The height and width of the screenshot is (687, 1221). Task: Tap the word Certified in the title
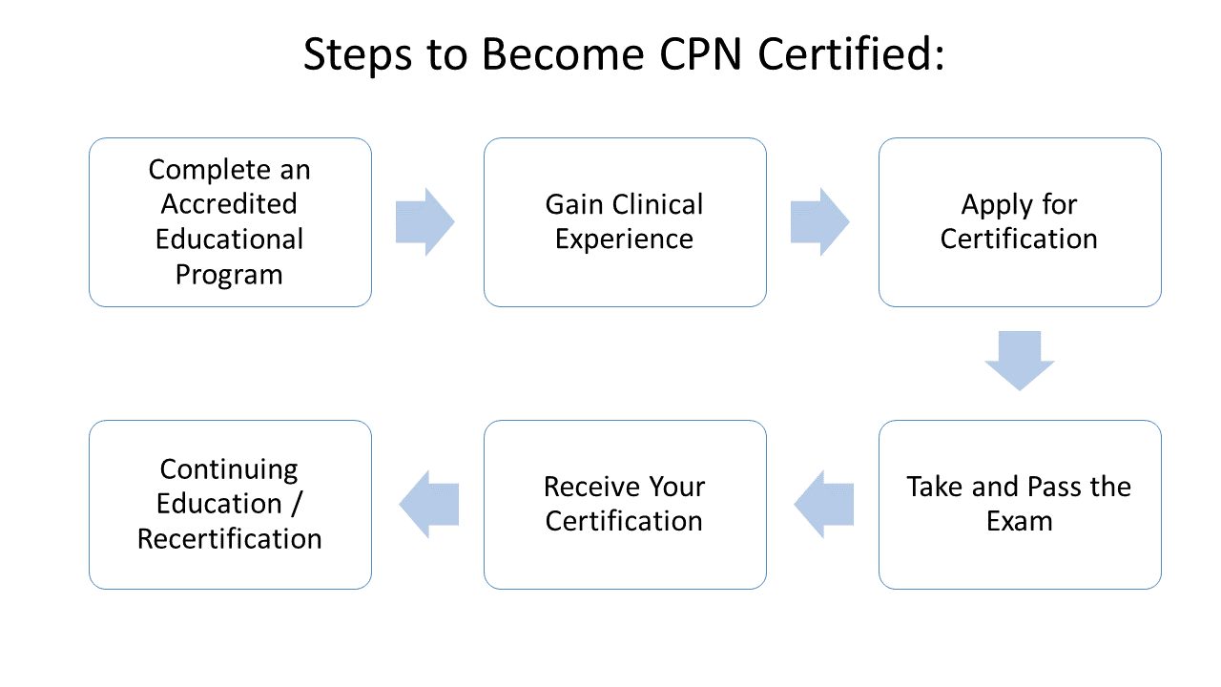(851, 55)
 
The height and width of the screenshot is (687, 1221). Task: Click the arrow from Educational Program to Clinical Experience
(425, 222)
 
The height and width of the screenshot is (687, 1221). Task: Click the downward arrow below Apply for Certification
(1020, 361)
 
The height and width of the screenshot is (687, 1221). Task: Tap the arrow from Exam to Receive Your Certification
(823, 504)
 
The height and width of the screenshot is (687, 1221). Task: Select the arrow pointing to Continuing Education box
(428, 504)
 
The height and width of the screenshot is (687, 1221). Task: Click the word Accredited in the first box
(229, 204)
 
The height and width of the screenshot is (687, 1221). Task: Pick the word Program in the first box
(229, 275)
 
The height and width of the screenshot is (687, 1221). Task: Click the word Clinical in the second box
(657, 204)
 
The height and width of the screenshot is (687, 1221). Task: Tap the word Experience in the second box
(624, 239)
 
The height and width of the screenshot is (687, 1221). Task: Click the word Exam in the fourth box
(1020, 522)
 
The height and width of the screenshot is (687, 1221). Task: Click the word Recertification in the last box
(229, 539)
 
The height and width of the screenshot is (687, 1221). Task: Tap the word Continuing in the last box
(229, 469)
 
